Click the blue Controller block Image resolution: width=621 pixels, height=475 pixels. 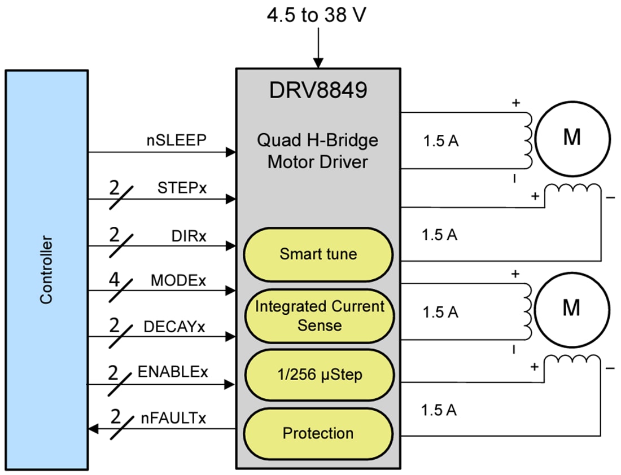tap(46, 270)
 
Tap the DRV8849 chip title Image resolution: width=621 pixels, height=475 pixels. tap(318, 90)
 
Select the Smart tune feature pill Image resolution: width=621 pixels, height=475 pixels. tap(318, 254)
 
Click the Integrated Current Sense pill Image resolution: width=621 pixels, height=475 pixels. tap(318, 316)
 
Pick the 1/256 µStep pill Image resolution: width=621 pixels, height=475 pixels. tap(318, 375)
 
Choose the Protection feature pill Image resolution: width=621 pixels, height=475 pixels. tap(318, 433)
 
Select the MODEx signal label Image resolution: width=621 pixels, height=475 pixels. tap(178, 280)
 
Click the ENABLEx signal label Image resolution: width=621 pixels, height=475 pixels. tap(173, 372)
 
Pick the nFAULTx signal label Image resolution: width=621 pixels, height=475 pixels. tap(173, 419)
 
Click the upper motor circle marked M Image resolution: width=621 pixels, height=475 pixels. tap(572, 138)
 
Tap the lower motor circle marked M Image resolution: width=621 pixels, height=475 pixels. tap(572, 308)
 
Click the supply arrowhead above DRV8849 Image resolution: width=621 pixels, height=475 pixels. tap(318, 63)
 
